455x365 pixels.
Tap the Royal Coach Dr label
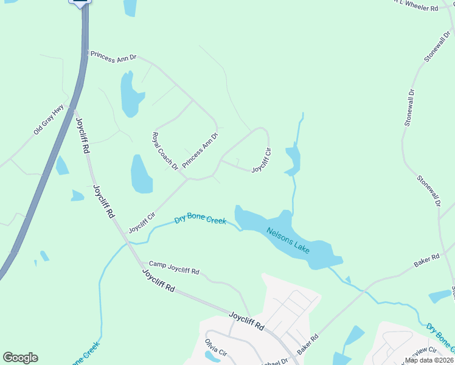point(164,151)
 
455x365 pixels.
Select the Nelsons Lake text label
point(288,240)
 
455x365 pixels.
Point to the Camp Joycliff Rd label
point(174,268)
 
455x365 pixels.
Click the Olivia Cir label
point(215,347)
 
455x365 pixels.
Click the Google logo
point(20,358)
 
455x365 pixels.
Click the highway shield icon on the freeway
point(80,2)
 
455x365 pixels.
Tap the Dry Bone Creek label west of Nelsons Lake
point(200,219)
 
